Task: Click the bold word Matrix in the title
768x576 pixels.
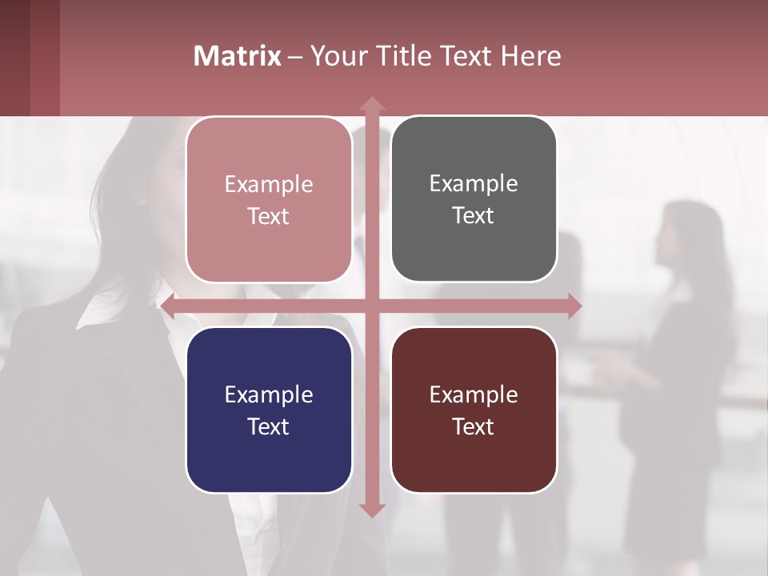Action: pyautogui.click(x=237, y=56)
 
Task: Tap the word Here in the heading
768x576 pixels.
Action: pyautogui.click(x=530, y=56)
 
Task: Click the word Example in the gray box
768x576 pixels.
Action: pyautogui.click(x=474, y=183)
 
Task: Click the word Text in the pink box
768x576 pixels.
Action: pyautogui.click(x=269, y=216)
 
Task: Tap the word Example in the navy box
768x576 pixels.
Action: pyautogui.click(x=269, y=394)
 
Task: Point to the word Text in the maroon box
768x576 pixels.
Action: pyautogui.click(x=474, y=426)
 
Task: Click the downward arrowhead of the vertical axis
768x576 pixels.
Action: pyautogui.click(x=372, y=510)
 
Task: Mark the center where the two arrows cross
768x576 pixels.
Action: pyautogui.click(x=372, y=306)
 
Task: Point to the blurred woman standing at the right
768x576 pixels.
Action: pyautogui.click(x=680, y=320)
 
